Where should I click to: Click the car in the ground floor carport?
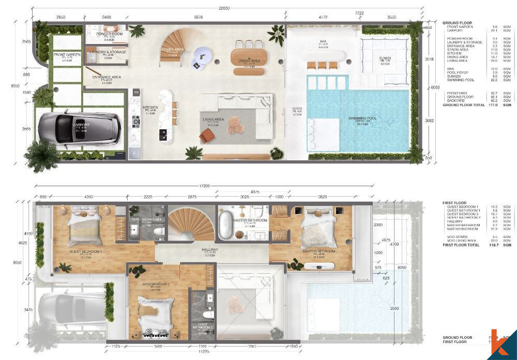(x=80, y=127)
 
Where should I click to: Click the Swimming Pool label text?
(x=362, y=118)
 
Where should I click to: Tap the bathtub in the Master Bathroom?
(x=226, y=224)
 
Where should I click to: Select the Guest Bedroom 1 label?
(x=85, y=251)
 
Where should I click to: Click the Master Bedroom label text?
(x=319, y=251)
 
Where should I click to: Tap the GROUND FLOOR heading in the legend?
(x=457, y=23)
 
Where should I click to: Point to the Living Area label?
(x=213, y=119)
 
